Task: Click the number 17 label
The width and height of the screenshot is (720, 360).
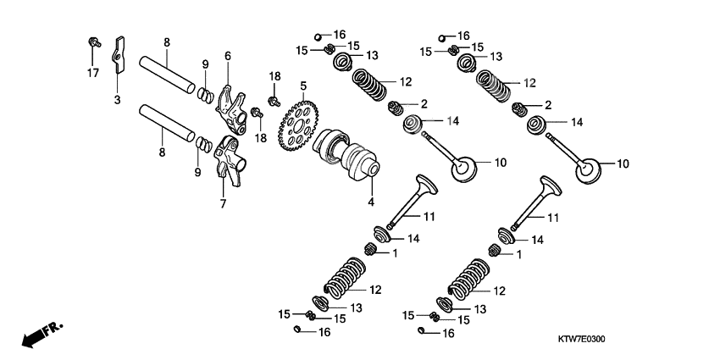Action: click(x=92, y=74)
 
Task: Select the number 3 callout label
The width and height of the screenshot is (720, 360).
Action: click(x=118, y=100)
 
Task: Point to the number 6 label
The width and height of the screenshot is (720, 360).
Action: click(x=227, y=55)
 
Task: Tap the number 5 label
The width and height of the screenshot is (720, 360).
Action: click(x=302, y=85)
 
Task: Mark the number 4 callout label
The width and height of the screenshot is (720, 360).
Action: click(x=370, y=202)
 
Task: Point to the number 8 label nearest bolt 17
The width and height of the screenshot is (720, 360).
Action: click(x=167, y=42)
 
